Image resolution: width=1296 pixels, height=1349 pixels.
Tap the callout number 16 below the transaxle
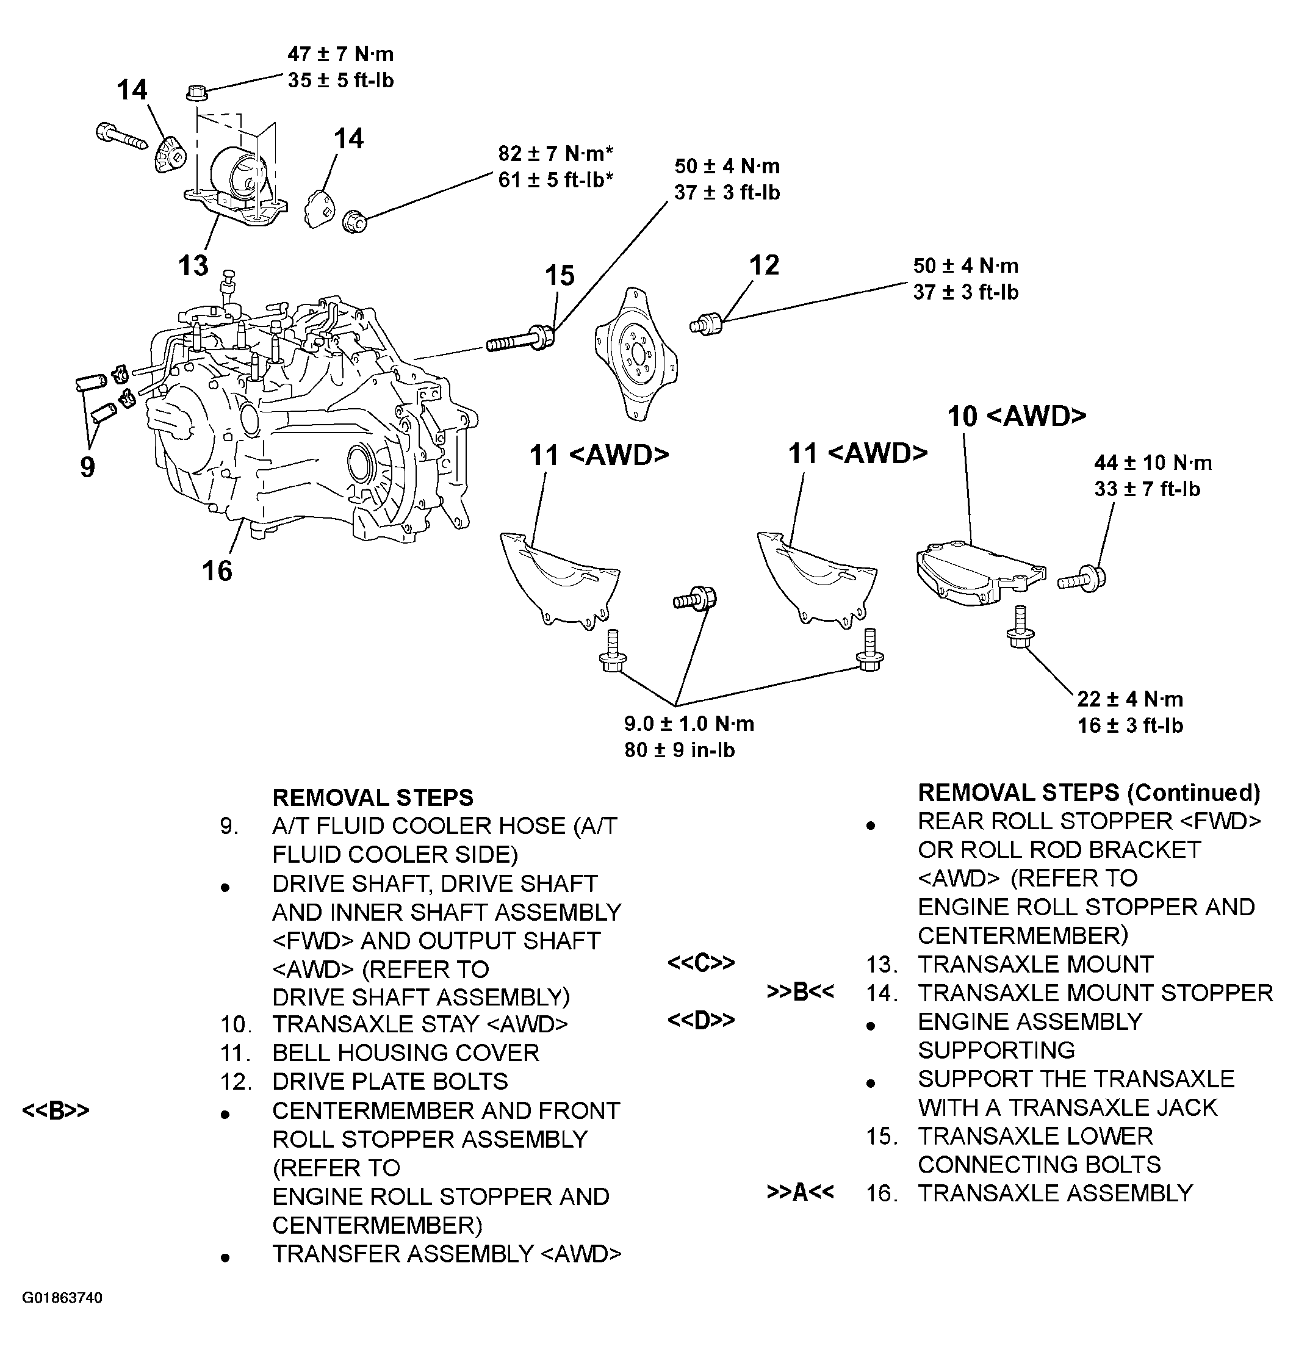(217, 570)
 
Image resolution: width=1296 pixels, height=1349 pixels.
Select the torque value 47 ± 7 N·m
(340, 54)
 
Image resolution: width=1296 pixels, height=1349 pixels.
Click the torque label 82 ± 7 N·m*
(555, 153)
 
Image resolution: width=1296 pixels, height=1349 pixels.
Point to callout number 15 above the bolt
(559, 276)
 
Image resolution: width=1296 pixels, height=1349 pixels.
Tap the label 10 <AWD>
(1017, 416)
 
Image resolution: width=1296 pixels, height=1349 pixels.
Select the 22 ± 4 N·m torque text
(1129, 699)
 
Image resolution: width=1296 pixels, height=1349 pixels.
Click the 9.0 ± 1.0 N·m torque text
(689, 724)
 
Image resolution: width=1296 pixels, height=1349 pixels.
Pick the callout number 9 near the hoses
(87, 467)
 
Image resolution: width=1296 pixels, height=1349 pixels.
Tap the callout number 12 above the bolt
(764, 265)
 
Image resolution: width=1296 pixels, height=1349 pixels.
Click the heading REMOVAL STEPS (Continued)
(1089, 793)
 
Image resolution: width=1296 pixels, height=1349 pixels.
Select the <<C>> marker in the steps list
(700, 963)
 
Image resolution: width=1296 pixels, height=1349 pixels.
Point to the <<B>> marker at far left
(56, 1111)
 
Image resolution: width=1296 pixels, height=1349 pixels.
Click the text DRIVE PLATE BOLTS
(389, 1082)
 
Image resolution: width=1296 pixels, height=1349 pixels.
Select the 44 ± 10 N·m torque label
(1153, 462)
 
